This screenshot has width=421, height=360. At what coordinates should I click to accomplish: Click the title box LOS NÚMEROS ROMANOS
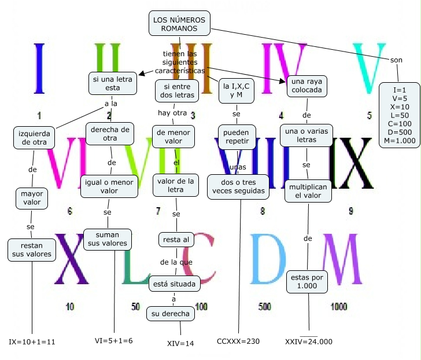click(x=179, y=24)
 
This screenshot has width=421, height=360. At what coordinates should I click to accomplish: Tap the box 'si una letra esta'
click(x=112, y=83)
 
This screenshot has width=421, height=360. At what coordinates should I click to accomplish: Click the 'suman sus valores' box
click(x=106, y=239)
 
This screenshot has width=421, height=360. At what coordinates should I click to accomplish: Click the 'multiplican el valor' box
click(x=307, y=192)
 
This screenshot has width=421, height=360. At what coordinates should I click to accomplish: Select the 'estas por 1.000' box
click(x=307, y=282)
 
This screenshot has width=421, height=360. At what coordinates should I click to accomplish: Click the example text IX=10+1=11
click(x=32, y=341)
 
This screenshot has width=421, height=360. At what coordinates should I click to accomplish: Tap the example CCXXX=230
click(x=238, y=341)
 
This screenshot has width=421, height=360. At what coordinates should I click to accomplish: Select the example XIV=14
click(x=180, y=343)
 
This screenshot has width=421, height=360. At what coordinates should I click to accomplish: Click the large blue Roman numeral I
click(x=39, y=68)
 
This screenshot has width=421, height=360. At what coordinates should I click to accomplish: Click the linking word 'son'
click(x=397, y=60)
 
